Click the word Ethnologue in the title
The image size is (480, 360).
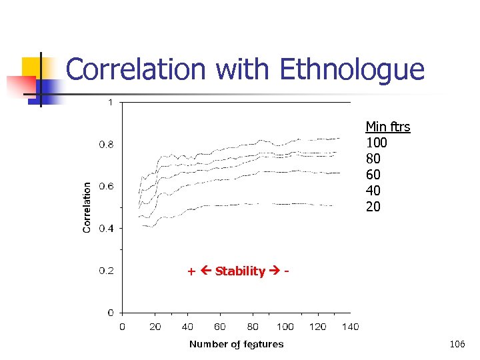pos(352,70)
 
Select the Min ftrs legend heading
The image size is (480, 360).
pos(387,127)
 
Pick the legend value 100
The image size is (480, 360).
pos(377,143)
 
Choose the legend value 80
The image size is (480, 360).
pos(373,159)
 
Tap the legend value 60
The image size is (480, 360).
pos(373,175)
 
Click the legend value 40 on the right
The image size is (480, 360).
pos(373,191)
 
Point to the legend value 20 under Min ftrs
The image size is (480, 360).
pos(373,207)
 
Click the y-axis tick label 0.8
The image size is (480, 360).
pos(106,144)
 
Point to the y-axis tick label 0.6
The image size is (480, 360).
pos(106,186)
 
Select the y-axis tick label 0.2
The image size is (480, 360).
pos(106,270)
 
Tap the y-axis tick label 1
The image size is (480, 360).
pos(110,102)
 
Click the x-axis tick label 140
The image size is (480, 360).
pos(350,327)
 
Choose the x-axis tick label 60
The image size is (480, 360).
pos(220,327)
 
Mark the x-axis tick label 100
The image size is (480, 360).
pos(285,327)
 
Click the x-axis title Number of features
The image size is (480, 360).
pos(236,344)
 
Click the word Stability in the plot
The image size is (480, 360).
pos(240,271)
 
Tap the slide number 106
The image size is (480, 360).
pos(457,344)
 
